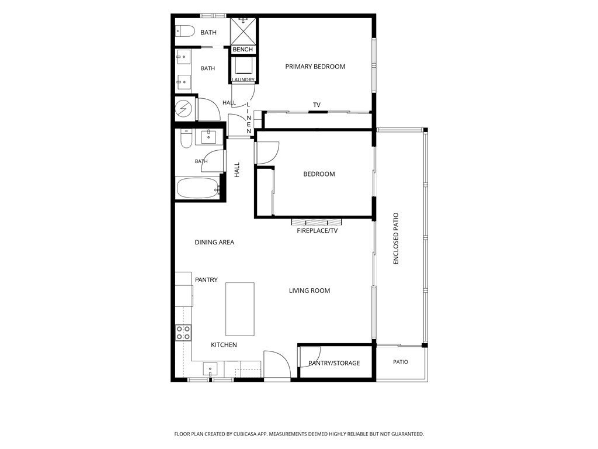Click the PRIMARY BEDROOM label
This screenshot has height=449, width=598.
point(315,67)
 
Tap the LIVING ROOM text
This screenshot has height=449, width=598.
point(310,291)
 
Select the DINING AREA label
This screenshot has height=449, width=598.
point(214,242)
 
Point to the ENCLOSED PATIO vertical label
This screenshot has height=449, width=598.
point(395,239)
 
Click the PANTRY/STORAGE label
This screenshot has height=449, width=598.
point(334,363)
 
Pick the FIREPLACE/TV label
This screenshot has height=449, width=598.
point(317,230)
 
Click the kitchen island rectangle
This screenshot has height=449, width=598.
point(240,309)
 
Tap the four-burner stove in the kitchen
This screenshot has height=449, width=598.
point(183,333)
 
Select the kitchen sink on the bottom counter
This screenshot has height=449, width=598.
point(210,369)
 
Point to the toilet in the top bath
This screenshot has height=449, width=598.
point(185,32)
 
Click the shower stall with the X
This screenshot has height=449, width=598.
point(243,31)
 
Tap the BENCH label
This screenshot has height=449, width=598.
point(242,49)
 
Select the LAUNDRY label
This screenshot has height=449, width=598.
point(244,80)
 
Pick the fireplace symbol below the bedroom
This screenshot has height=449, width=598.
point(317,222)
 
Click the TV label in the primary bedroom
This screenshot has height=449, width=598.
point(317,105)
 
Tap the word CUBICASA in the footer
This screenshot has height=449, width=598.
point(247,434)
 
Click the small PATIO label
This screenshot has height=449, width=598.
point(401,362)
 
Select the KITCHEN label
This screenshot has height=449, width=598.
point(224,345)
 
